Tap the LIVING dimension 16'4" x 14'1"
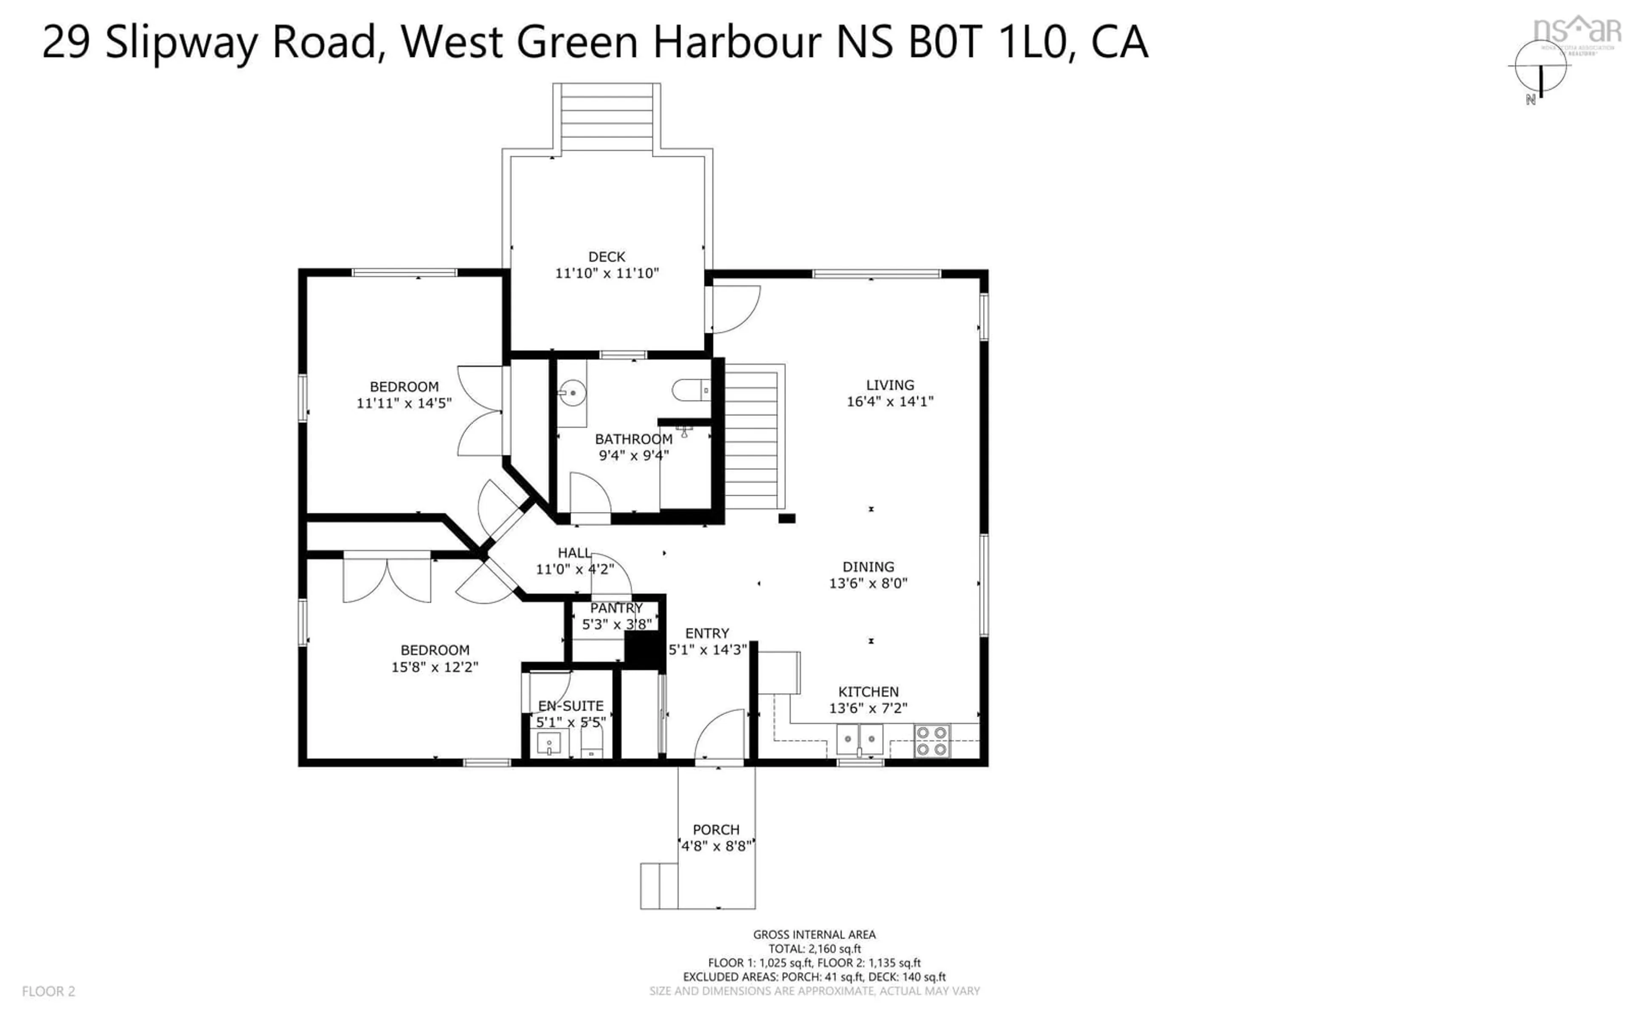coord(889,401)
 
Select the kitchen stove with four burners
coord(932,741)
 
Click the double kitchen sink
coord(860,739)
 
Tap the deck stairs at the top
coord(606,118)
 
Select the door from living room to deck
coord(734,308)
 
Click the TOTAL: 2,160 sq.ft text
coord(814,949)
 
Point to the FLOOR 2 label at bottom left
coord(48,991)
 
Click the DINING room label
coord(868,567)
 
